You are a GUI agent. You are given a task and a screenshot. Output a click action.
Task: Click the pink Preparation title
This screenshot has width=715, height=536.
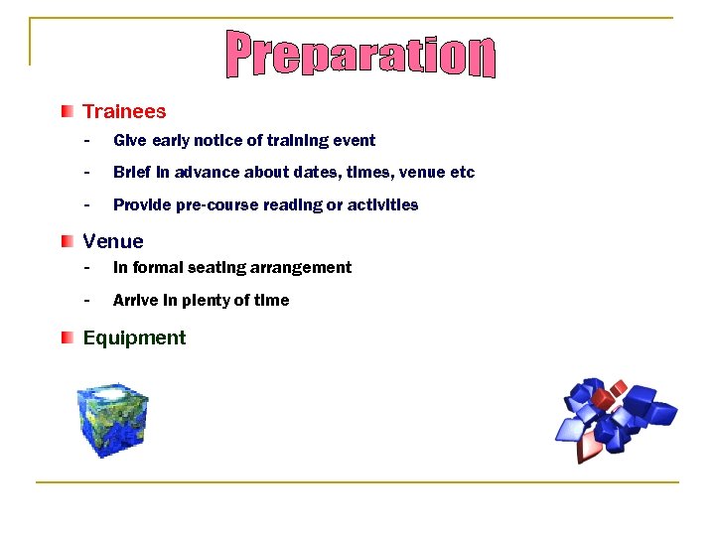(x=359, y=56)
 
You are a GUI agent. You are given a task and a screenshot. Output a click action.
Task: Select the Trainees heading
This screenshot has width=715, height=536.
(x=124, y=112)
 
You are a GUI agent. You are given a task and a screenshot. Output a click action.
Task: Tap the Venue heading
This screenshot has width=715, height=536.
(x=113, y=241)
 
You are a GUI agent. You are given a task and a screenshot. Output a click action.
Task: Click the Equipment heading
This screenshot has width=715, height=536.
(x=134, y=337)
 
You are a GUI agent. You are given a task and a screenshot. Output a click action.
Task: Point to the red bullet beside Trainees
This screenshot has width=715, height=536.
(x=67, y=111)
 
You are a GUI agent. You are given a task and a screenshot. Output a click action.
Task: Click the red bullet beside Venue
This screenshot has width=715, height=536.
(x=67, y=240)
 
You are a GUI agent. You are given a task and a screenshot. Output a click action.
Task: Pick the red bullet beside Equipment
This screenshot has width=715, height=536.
(x=67, y=337)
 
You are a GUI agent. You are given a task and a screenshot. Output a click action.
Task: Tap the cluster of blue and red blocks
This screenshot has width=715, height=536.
(x=615, y=418)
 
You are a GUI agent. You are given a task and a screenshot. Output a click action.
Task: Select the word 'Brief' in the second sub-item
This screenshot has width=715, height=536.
(x=132, y=173)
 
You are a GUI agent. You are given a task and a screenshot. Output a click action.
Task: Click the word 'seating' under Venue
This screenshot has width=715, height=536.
(x=212, y=268)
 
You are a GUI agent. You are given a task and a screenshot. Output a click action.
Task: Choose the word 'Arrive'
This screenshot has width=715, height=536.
(x=134, y=301)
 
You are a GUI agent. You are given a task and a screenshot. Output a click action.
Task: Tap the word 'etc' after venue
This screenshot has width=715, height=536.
(x=463, y=173)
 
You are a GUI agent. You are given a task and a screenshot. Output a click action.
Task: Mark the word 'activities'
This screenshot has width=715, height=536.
(x=382, y=205)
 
